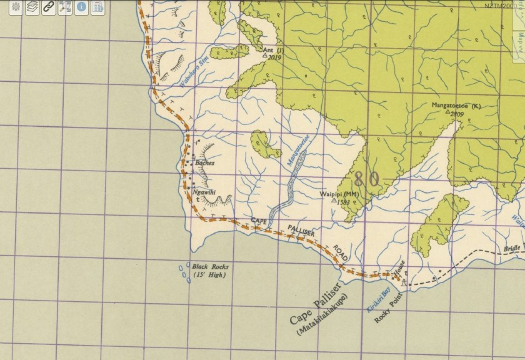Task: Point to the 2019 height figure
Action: click(274, 56)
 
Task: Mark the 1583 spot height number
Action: click(343, 202)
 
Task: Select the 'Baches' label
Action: click(205, 162)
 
